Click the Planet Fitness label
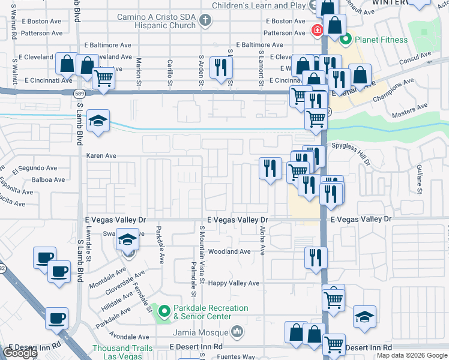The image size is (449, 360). point(381,40)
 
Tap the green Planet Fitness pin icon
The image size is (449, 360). point(345,40)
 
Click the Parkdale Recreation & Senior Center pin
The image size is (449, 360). point(163,311)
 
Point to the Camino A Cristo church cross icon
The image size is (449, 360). point(206,21)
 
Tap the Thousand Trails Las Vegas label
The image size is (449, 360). point(118,352)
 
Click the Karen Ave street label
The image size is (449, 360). point(101,155)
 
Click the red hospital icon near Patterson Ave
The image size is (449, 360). point(316,30)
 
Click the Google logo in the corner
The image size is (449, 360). point(19,353)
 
